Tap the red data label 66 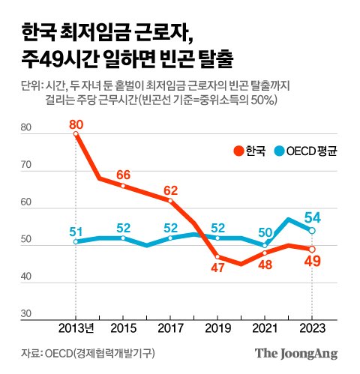pos(123,175)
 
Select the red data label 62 pos(170,190)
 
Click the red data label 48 pos(265,265)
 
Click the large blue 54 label pos(313,217)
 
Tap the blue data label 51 pos(76,231)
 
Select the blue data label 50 pos(265,232)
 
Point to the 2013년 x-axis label pos(76,329)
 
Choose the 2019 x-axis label pos(217,329)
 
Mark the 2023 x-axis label pos(312,329)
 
